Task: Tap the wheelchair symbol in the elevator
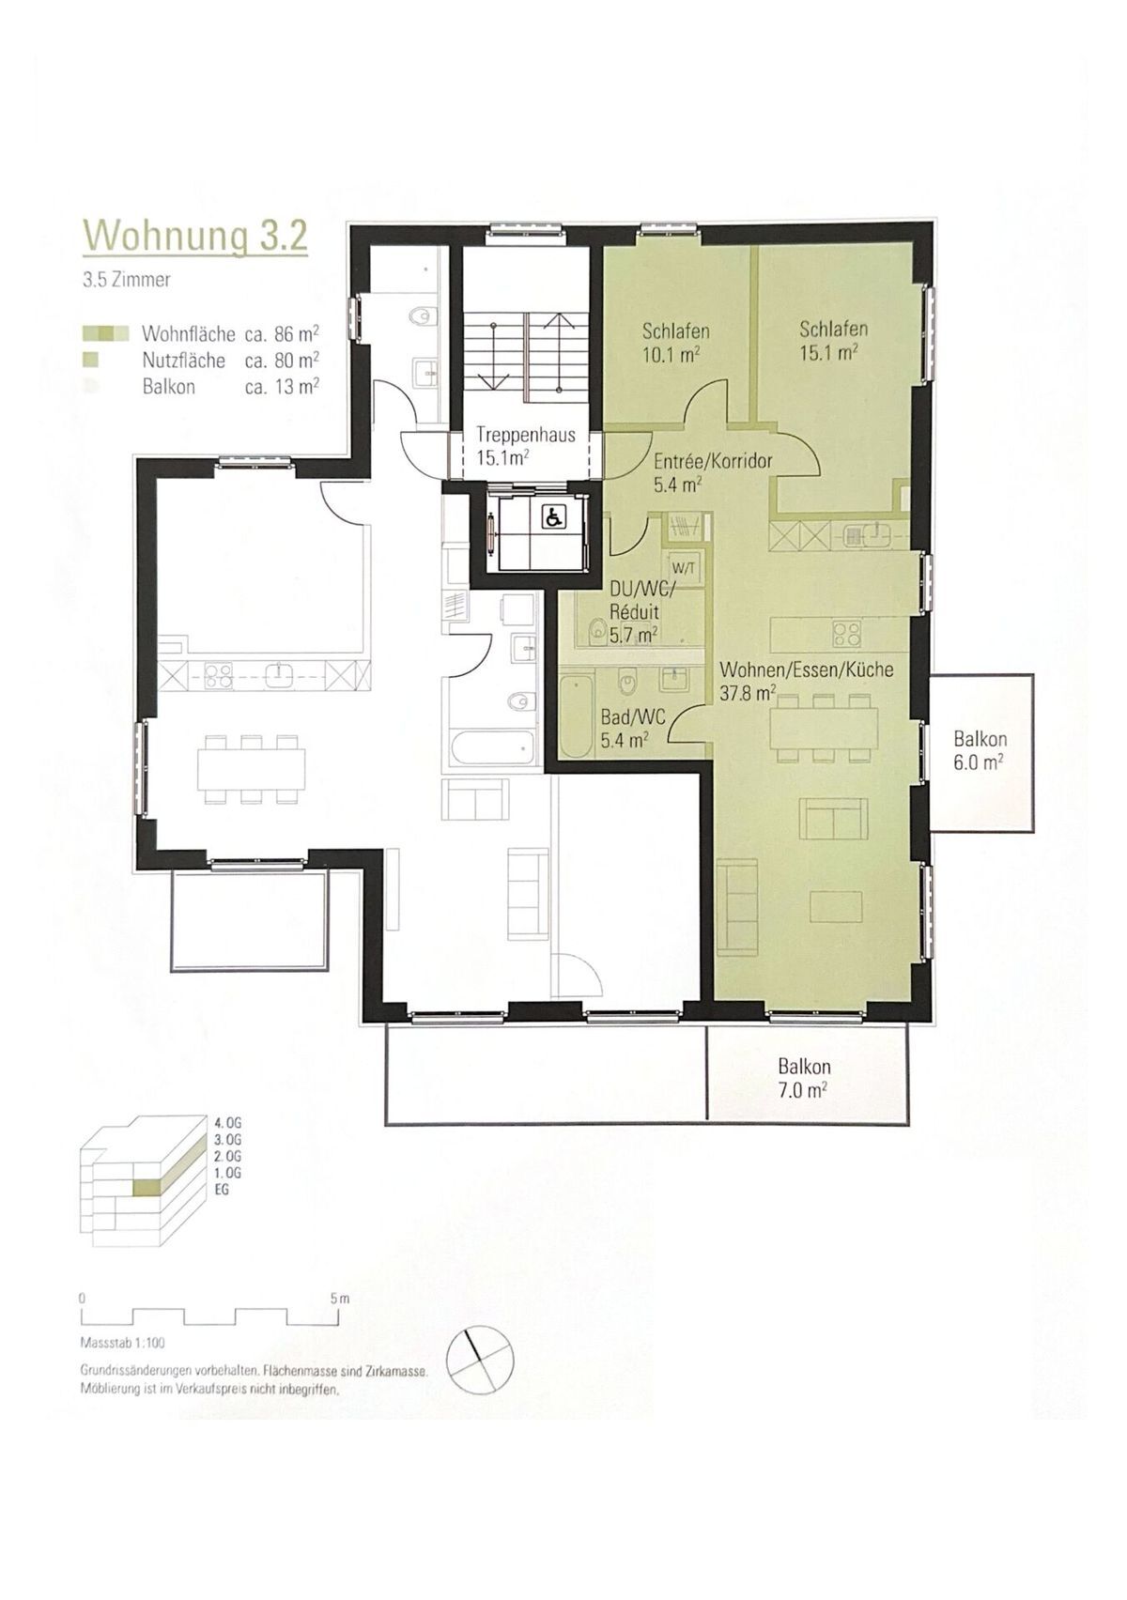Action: click(x=551, y=515)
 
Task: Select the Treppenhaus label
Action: click(x=526, y=435)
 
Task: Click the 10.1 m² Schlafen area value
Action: click(x=670, y=354)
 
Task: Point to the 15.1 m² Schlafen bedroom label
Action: click(x=833, y=339)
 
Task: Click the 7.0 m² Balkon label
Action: click(x=804, y=1078)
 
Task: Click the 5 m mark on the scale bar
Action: click(x=340, y=1298)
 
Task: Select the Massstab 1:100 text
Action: click(x=123, y=1342)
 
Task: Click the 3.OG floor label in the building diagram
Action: click(x=226, y=1137)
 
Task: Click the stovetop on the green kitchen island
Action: click(x=847, y=634)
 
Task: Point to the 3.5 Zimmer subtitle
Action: click(x=126, y=279)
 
